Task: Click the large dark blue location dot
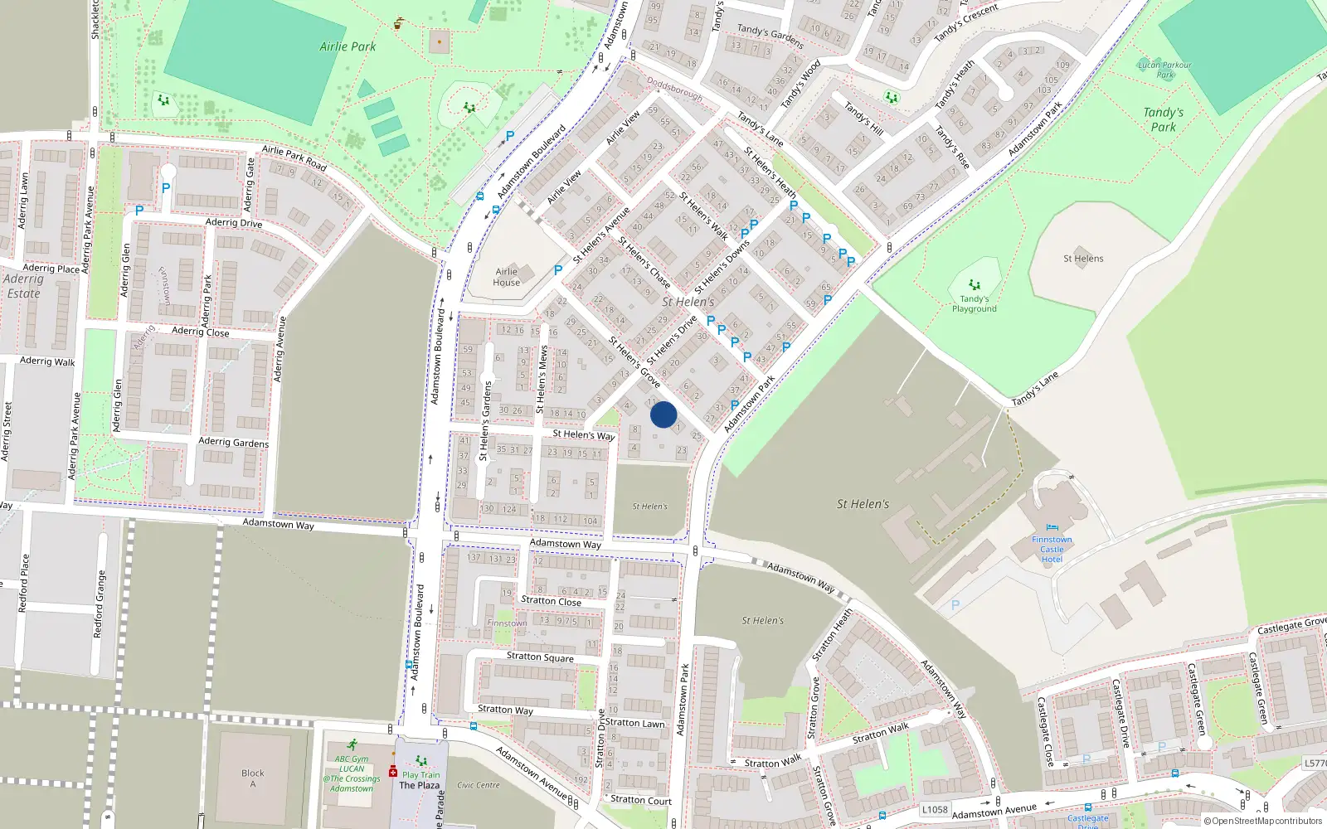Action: pos(663,414)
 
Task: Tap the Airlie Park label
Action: pos(348,46)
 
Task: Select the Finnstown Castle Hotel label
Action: pos(1052,549)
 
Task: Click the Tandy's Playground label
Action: pos(974,303)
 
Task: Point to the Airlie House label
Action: pos(507,277)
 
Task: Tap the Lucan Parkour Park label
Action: pos(1164,69)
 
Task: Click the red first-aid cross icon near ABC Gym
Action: pos(393,772)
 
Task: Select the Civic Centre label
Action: pos(479,785)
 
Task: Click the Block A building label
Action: pos(253,778)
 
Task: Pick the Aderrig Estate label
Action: pos(23,286)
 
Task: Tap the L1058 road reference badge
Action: pos(935,810)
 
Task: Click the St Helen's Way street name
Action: pos(584,434)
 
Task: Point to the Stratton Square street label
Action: pos(540,657)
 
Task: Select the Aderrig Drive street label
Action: pos(234,223)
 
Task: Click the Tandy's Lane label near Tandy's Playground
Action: pos(1035,389)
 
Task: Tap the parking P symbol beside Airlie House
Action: pos(558,270)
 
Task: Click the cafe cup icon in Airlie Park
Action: pos(399,23)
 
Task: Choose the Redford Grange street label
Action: pos(100,604)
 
